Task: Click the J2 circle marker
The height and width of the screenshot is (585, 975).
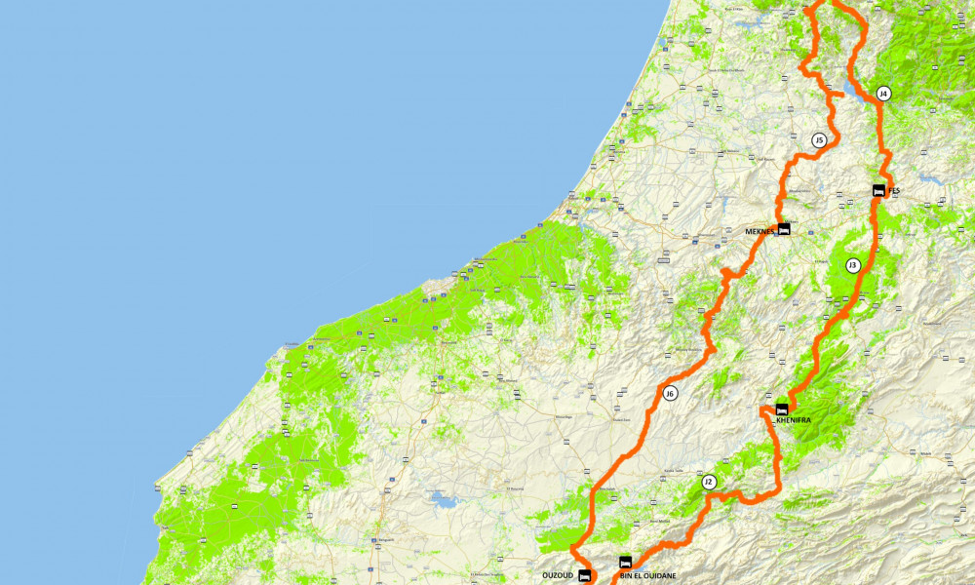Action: pyautogui.click(x=709, y=482)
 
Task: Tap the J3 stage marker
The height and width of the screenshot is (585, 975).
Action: pyautogui.click(x=852, y=265)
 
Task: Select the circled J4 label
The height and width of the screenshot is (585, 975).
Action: pyautogui.click(x=883, y=94)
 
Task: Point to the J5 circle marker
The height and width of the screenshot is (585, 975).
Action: pyautogui.click(x=819, y=140)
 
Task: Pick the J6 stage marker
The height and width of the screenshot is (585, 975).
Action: pyautogui.click(x=670, y=394)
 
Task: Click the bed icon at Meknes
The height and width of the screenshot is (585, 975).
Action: pyautogui.click(x=783, y=228)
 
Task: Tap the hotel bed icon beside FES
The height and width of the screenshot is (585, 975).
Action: pyautogui.click(x=877, y=191)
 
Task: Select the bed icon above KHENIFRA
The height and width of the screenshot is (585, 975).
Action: pyautogui.click(x=782, y=409)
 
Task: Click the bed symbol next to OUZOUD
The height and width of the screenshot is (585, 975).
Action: pyautogui.click(x=584, y=575)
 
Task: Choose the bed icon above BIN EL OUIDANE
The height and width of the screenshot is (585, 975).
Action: pyautogui.click(x=625, y=562)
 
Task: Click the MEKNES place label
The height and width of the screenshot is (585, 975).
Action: pyautogui.click(x=759, y=232)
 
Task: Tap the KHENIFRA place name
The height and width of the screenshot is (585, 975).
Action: pyautogui.click(x=793, y=420)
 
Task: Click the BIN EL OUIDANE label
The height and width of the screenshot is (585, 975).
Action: pyautogui.click(x=646, y=575)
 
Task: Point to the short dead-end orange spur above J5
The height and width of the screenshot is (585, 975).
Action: pyautogui.click(x=835, y=92)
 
